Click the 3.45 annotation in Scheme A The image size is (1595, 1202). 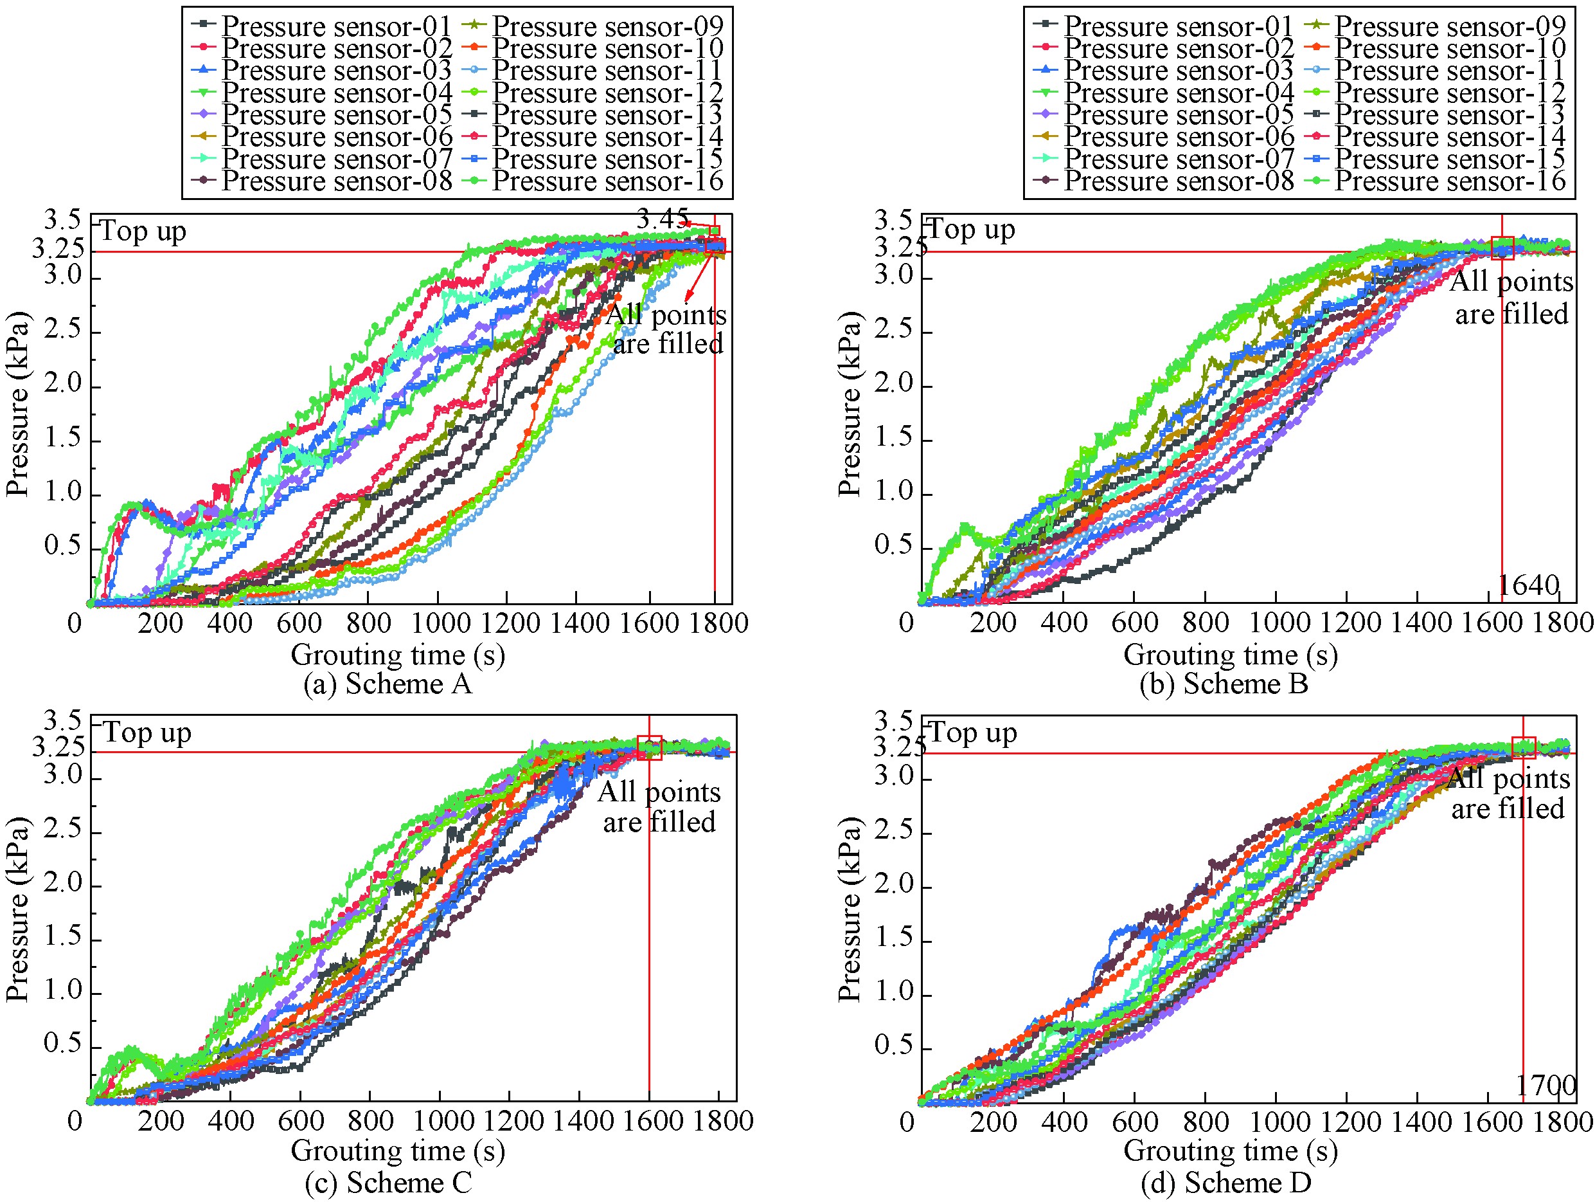click(661, 219)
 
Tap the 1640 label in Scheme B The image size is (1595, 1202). click(1528, 585)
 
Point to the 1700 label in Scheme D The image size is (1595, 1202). click(1544, 1085)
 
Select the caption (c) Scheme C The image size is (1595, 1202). click(388, 1183)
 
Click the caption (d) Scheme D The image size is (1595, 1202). click(1226, 1183)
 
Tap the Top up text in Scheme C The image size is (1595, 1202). click(147, 733)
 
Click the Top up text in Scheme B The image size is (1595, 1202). click(970, 230)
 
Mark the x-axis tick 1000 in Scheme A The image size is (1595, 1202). click(438, 623)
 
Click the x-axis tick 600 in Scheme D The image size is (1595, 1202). click(1134, 1122)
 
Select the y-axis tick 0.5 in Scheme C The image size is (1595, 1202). click(63, 1044)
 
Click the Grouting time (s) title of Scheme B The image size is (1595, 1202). click(1230, 655)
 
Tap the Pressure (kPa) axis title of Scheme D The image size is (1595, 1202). click(850, 910)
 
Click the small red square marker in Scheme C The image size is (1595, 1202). click(650, 747)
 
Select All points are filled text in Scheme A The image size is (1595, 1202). click(666, 329)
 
